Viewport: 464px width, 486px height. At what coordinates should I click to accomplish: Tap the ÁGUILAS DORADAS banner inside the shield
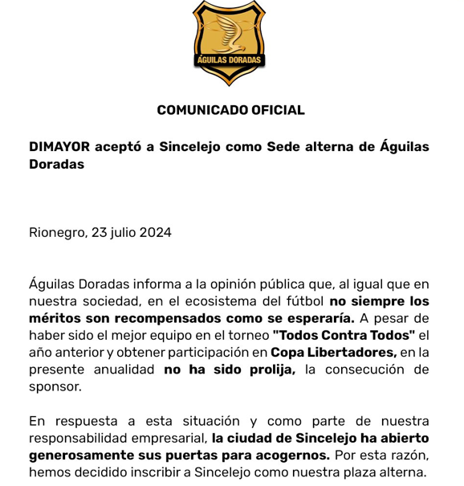[230, 60]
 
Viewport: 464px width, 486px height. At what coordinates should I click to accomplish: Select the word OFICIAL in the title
[278, 110]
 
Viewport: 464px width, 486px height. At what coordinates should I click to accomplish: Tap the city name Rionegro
[57, 233]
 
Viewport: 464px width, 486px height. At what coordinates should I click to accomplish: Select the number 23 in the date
[99, 233]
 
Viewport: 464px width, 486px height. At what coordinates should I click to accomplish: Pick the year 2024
[156, 233]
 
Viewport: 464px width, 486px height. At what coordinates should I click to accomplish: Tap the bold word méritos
[55, 318]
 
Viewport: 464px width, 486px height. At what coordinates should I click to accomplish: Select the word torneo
[246, 335]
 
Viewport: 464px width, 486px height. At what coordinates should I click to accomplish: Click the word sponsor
[55, 386]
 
